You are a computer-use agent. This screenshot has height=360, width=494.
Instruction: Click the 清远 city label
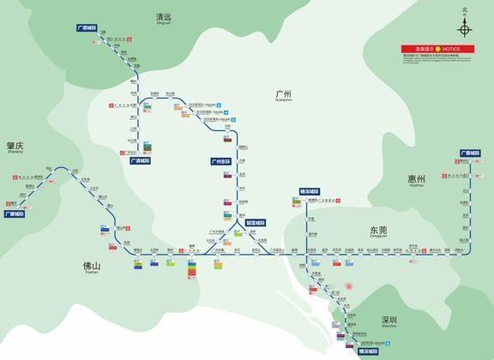tap(163, 16)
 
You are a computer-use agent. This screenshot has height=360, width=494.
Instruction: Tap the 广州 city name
tap(284, 93)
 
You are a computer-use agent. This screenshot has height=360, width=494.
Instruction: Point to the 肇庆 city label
tap(15, 146)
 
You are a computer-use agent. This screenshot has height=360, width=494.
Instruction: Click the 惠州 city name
tap(417, 179)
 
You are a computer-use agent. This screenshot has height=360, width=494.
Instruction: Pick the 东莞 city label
tap(379, 230)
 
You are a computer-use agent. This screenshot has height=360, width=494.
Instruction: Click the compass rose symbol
tap(465, 30)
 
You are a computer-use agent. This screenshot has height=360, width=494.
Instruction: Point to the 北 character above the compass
tap(465, 10)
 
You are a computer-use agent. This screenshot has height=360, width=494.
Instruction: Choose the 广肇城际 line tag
tap(15, 214)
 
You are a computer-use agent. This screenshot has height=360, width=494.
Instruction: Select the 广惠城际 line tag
tap(471, 153)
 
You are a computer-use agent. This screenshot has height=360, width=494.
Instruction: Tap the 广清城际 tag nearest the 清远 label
tap(89, 28)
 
